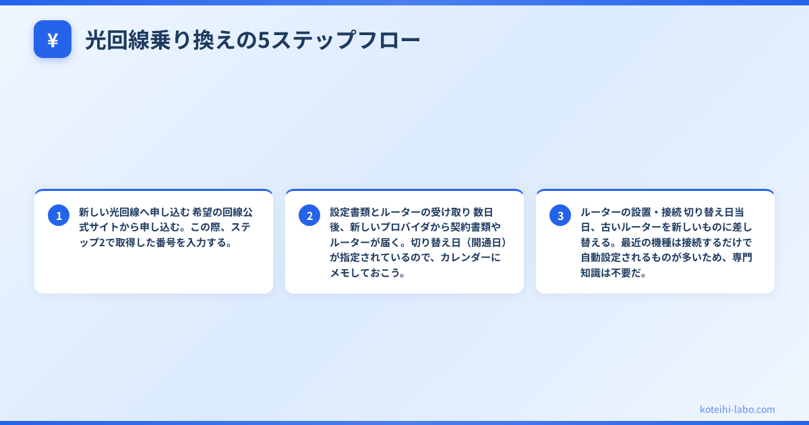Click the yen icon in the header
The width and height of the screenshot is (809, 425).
[x=53, y=40]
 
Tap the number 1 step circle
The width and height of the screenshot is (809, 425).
[x=59, y=215]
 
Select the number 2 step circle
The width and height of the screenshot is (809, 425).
[x=309, y=215]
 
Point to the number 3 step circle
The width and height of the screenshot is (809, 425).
[x=560, y=215]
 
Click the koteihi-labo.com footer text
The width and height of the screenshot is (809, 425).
[x=737, y=409]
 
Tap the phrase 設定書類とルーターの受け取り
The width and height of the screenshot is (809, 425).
[x=400, y=212]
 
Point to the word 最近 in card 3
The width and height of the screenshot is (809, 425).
[x=633, y=243]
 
